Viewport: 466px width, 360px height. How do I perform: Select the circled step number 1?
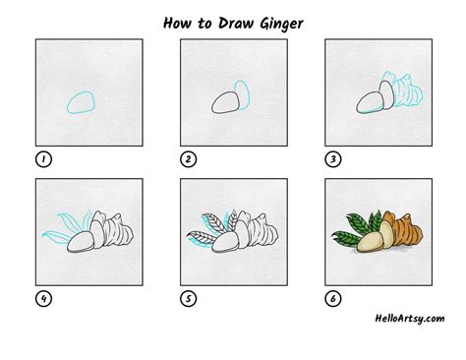click(41, 158)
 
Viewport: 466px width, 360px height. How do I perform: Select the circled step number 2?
click(187, 158)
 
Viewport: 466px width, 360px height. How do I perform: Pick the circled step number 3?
click(333, 158)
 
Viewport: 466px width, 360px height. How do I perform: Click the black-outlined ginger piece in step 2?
click(225, 103)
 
